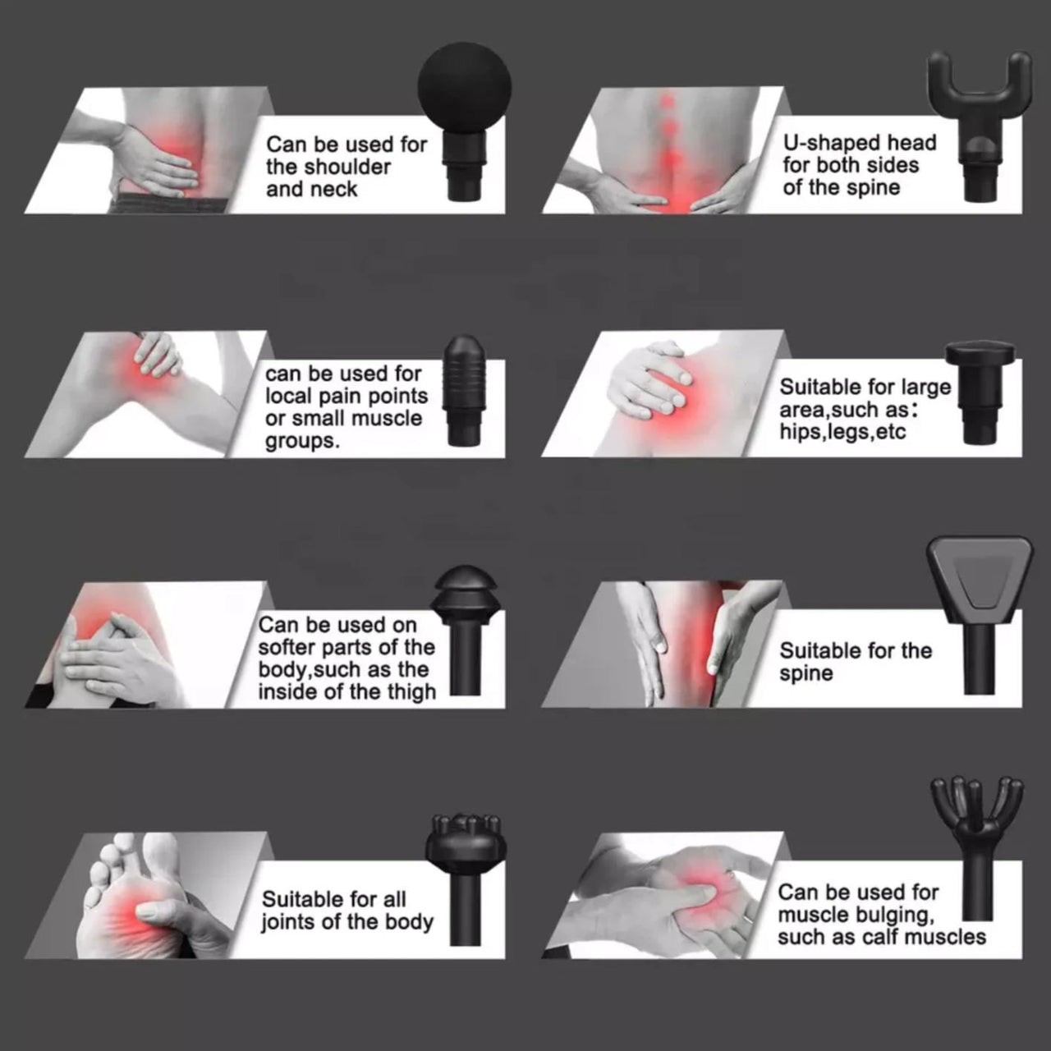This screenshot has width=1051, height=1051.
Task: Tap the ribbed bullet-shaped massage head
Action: pos(466,390)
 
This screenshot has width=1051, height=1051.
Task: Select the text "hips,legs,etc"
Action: pos(842,431)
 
